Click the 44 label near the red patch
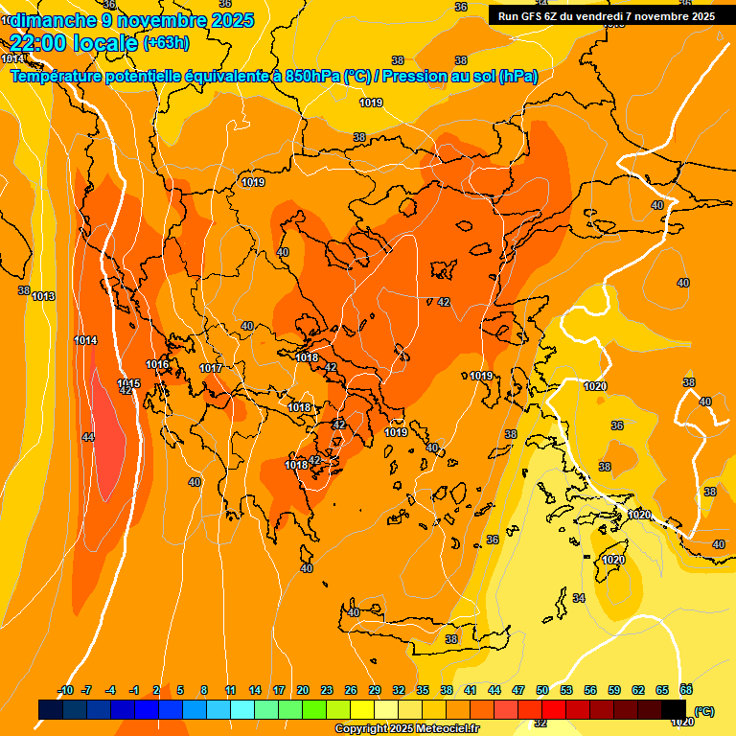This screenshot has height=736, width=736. (x=88, y=437)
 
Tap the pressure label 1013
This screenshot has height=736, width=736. (x=43, y=297)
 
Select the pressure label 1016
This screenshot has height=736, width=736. (x=157, y=364)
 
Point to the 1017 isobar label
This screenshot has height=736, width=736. (x=211, y=369)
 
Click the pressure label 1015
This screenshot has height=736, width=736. (x=129, y=383)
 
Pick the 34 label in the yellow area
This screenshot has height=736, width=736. (x=579, y=598)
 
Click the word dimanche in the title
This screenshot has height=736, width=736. (x=42, y=19)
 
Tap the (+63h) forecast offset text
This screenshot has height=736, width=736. (x=166, y=43)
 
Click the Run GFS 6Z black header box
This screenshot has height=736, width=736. (x=607, y=16)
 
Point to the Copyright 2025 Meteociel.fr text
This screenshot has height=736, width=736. (x=406, y=729)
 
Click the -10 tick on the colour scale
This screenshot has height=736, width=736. (x=65, y=690)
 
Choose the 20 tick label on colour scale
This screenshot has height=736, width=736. (x=303, y=690)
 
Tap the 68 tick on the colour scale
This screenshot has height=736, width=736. (x=686, y=690)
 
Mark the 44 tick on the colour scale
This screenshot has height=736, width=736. (x=494, y=690)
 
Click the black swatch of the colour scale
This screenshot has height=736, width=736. (x=674, y=709)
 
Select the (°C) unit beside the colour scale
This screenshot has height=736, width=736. (x=703, y=711)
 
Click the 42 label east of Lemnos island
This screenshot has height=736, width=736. (x=443, y=302)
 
